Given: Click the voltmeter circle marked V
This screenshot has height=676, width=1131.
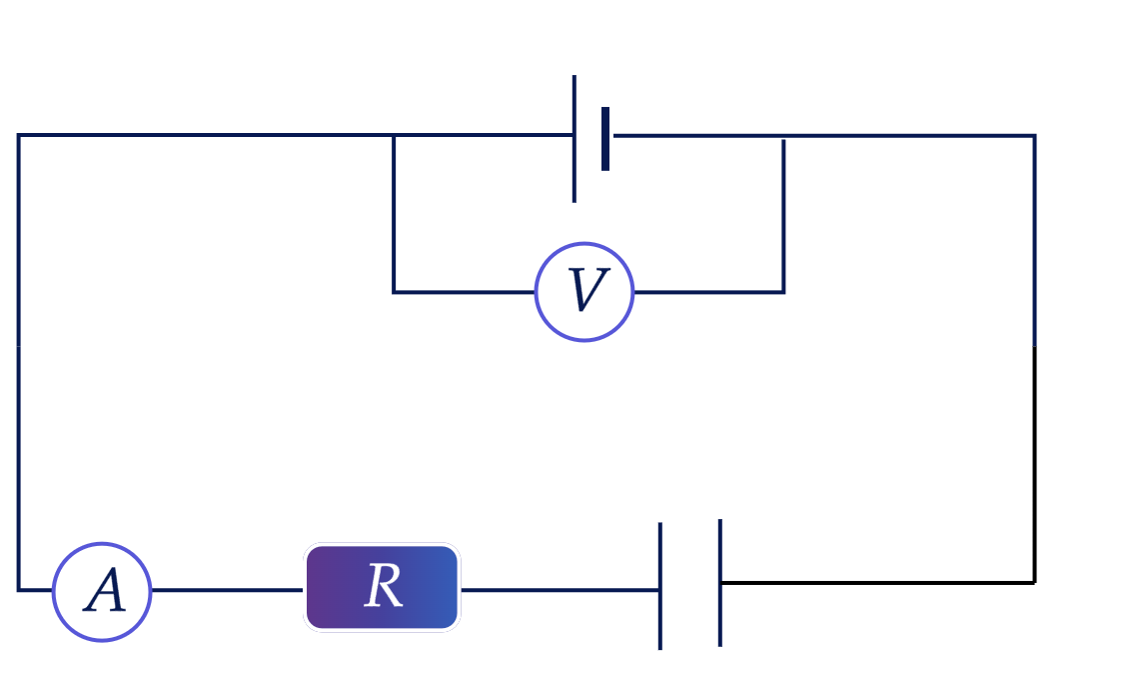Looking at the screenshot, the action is click(584, 292).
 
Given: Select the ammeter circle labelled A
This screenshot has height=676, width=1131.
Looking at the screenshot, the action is click(102, 592).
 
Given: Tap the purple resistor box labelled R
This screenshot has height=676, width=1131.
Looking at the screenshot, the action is click(383, 587).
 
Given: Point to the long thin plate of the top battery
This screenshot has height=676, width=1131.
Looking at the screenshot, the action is click(574, 139).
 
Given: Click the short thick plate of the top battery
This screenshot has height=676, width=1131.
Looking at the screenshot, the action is click(605, 139).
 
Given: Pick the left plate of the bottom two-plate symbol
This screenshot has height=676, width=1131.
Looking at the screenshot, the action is click(660, 586).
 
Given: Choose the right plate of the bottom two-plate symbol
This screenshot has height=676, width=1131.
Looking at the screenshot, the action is click(719, 582).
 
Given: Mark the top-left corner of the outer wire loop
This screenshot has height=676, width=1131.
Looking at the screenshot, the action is click(19, 135).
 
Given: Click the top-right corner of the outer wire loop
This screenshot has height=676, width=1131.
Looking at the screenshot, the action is click(1035, 135).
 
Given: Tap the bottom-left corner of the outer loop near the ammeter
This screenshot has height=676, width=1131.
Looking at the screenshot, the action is click(19, 590).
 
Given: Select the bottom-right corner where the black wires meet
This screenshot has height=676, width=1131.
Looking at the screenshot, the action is click(1035, 582).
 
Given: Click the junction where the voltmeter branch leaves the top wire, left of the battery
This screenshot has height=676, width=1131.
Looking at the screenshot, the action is click(393, 135).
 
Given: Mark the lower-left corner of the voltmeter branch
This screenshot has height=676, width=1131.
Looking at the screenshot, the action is click(393, 292).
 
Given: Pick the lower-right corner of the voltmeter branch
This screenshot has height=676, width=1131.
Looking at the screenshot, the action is click(783, 292).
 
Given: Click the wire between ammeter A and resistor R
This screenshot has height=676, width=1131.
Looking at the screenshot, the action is click(228, 590).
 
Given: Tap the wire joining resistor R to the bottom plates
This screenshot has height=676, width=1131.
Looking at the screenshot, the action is click(560, 590).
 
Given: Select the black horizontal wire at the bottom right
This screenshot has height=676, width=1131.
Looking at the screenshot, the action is click(878, 582).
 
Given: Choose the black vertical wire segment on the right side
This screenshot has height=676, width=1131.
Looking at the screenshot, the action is click(1035, 464).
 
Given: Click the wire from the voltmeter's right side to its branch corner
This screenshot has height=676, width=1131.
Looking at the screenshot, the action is click(709, 292).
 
